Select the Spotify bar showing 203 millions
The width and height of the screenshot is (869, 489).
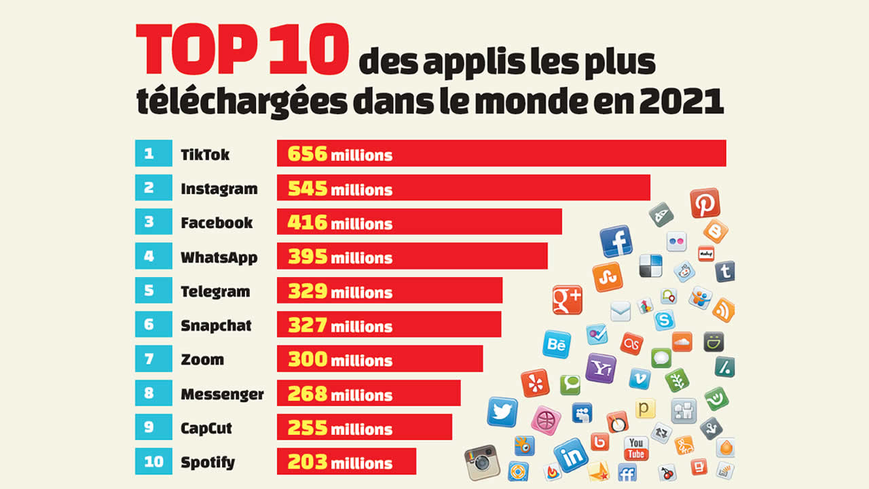click(346, 462)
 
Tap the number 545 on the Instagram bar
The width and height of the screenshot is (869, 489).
click(308, 188)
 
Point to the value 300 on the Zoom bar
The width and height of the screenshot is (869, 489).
click(308, 359)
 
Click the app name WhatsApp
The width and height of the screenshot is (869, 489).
click(219, 257)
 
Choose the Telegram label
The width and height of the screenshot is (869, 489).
click(215, 292)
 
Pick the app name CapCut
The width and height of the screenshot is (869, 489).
click(206, 429)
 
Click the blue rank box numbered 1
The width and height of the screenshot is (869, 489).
click(149, 153)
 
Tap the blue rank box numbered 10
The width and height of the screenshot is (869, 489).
click(153, 462)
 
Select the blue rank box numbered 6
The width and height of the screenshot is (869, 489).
click(149, 325)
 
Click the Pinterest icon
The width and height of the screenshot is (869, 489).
click(705, 202)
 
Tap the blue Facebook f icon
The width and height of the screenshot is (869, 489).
click(616, 242)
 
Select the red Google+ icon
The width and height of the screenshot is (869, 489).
click(567, 300)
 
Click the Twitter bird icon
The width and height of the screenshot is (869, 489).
click(502, 412)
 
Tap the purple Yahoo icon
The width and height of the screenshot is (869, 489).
click(600, 368)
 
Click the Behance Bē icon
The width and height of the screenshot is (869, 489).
click(557, 344)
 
